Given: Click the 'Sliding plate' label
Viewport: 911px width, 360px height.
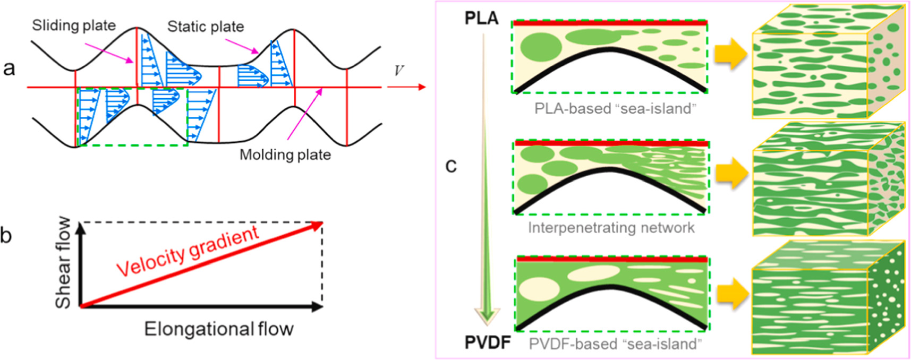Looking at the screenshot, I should (74, 25).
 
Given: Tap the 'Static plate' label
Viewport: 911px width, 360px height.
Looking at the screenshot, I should (206, 27).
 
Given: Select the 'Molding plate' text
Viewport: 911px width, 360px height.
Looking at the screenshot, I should (285, 155).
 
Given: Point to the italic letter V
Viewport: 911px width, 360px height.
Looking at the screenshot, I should (398, 71).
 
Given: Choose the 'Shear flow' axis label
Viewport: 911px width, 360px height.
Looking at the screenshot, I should (63, 262).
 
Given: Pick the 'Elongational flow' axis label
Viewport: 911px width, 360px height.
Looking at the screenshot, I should (219, 329).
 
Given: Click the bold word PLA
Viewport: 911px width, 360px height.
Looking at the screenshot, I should (481, 18).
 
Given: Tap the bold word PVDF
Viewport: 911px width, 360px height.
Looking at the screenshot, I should (487, 342).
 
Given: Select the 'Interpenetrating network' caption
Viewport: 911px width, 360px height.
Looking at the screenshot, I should (611, 228).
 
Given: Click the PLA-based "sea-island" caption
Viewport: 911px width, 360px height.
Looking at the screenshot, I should (615, 109).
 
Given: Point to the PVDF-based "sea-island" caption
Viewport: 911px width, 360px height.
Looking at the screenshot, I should (615, 344).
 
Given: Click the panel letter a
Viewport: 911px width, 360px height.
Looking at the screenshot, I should (9, 68).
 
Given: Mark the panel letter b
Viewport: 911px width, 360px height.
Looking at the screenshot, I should (6, 235).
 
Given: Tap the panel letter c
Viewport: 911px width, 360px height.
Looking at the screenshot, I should (451, 166).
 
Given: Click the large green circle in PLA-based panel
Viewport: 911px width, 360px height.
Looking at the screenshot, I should (541, 46).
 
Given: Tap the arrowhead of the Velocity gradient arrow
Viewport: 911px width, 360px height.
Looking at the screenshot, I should (317, 225).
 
